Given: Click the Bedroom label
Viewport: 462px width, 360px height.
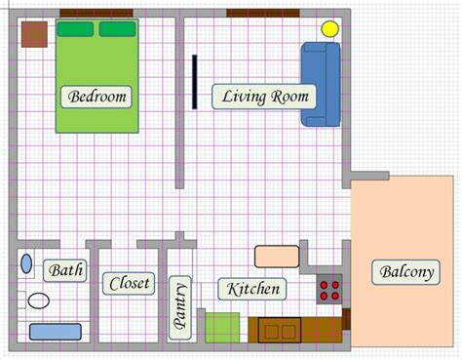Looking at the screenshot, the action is pos(96,97).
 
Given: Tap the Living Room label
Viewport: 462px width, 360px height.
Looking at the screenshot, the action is pos(264,97).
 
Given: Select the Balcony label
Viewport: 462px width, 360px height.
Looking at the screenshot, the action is pos(406,272).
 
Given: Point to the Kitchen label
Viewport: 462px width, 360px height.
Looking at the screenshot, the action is pos(252,289).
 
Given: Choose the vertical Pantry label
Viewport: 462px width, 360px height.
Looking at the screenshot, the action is pos(180,307).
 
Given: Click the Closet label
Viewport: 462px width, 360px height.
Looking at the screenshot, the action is pos(129,284).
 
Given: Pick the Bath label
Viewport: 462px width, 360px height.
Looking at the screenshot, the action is pos(65,270).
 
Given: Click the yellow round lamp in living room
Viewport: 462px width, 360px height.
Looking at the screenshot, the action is pos(329,29).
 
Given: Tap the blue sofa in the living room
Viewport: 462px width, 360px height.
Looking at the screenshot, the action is pos(321,84).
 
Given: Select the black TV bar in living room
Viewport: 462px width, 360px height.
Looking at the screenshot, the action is pos(194,82).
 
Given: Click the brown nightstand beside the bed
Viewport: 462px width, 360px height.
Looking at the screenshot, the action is pos(34,34).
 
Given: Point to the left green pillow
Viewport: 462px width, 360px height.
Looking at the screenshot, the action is pos(76,29).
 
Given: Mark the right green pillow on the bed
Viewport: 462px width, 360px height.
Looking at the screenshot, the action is pos(118,29).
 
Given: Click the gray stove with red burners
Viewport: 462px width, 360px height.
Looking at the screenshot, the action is pos(329,289).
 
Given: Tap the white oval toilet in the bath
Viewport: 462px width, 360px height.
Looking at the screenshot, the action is pos(39,300).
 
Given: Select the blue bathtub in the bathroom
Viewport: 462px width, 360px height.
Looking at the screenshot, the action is pos(56,332).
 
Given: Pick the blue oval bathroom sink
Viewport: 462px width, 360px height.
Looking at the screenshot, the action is pos(26,263).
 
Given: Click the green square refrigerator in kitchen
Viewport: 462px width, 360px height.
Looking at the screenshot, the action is pos(222,328).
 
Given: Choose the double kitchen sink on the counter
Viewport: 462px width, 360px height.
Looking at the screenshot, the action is pos(280,330).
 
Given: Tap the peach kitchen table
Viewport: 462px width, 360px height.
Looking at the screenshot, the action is pos(277,257).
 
